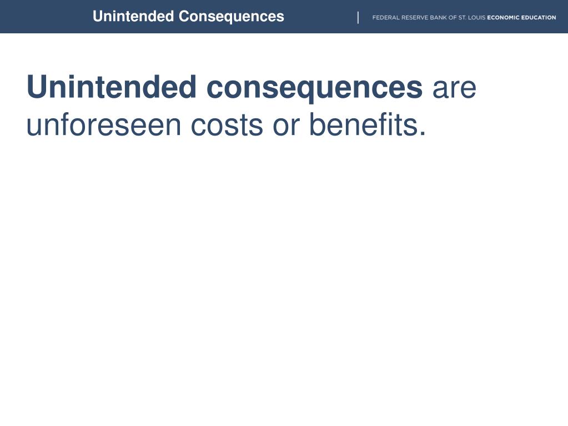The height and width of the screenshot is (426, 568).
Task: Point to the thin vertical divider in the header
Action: (358, 18)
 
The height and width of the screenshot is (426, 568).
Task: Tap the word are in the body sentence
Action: (454, 89)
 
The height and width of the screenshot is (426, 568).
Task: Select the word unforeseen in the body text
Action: (105, 124)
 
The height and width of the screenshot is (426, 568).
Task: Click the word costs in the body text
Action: (227, 126)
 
